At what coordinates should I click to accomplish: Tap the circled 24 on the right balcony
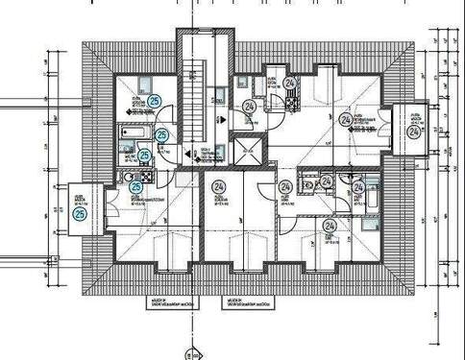414,133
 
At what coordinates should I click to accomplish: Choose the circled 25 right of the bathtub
161,135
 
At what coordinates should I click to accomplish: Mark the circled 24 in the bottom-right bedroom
329,227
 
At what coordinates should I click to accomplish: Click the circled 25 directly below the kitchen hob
135,187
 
